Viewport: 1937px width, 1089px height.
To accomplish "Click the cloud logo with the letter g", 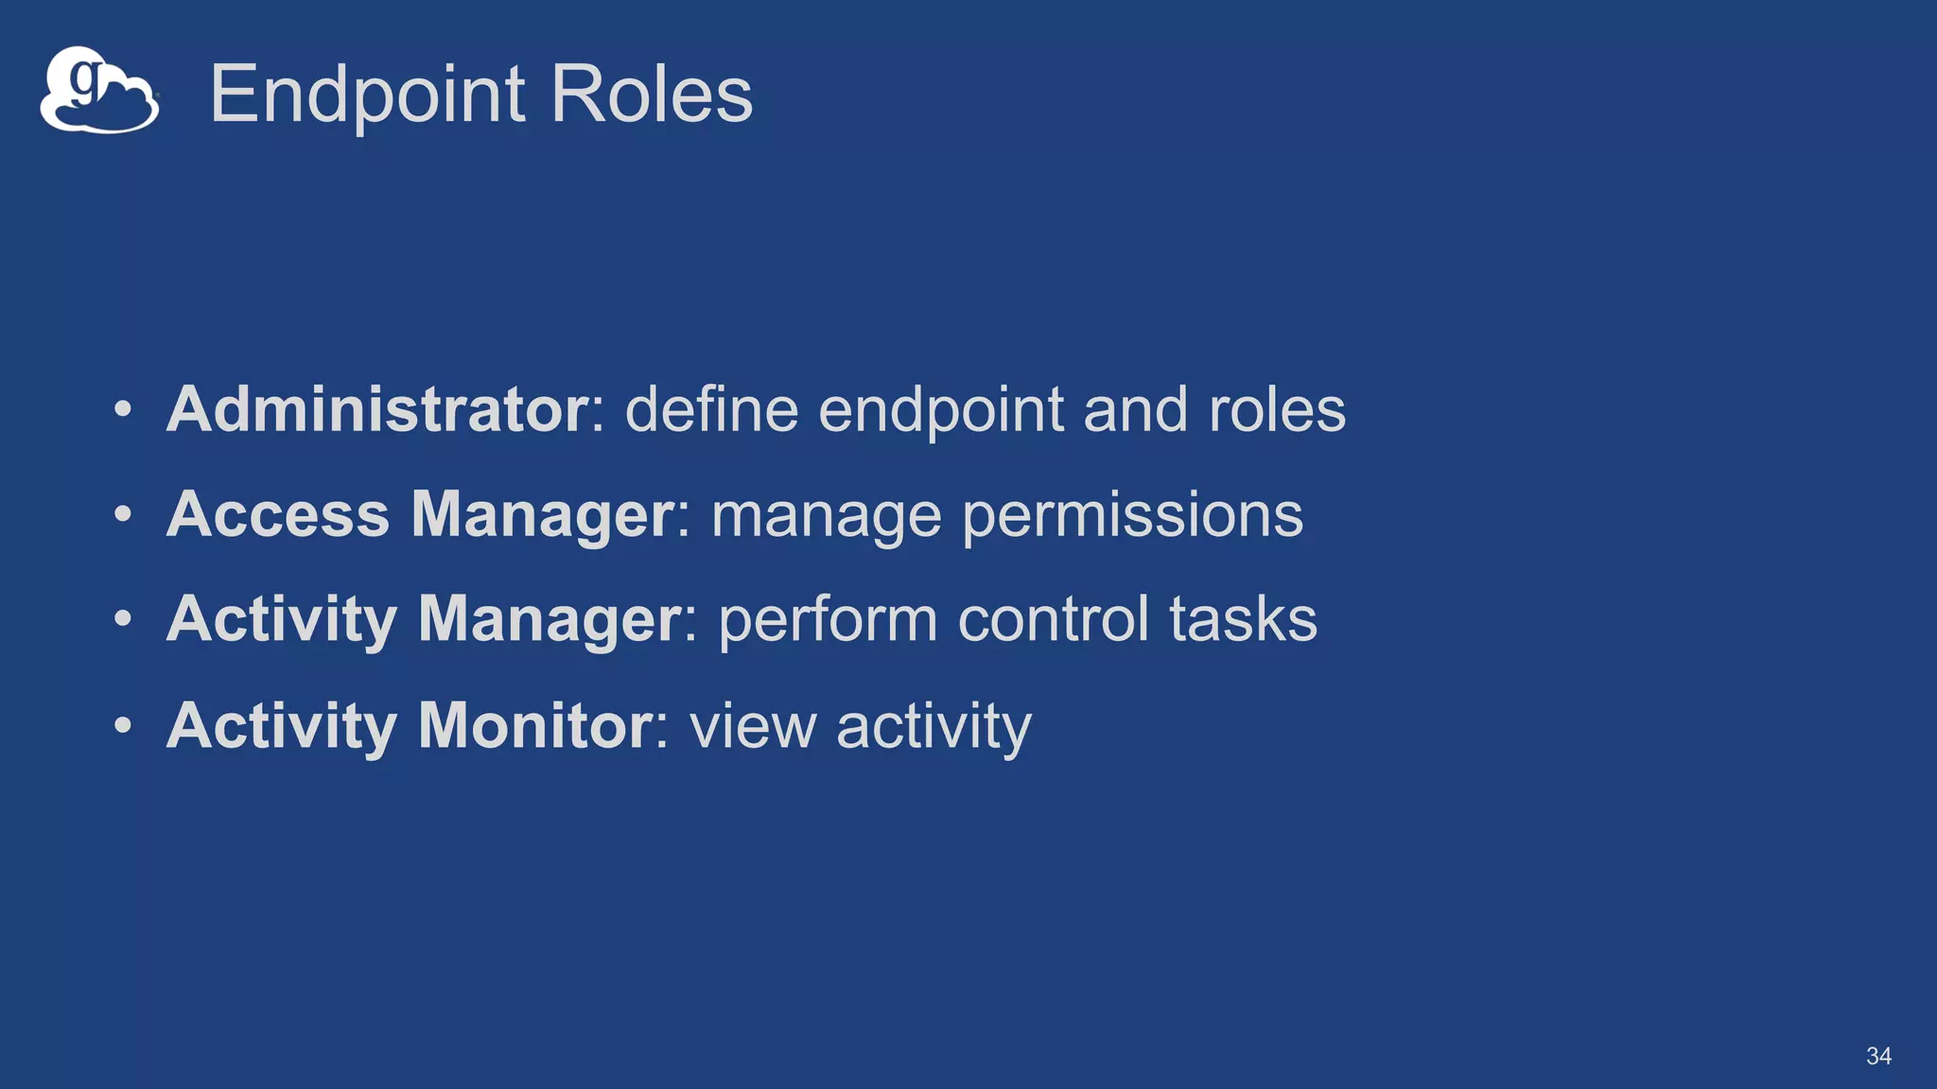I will coord(98,91).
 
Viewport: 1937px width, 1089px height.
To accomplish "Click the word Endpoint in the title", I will coord(367,95).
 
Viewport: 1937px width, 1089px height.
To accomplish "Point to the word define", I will coord(711,409).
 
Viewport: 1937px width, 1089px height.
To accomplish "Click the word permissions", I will coord(1132,516).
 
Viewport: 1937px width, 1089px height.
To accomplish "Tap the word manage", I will coord(826,516).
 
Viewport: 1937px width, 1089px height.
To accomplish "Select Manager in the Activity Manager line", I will coord(550,619).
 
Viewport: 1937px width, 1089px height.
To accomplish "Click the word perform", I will coord(829,621).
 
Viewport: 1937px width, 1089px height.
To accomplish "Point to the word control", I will coord(1054,619).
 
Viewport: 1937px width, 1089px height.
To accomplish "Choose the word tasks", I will coord(1243,619).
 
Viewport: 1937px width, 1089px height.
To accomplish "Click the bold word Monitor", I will coord(535,725).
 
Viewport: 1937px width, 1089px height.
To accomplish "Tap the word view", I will coord(753,726).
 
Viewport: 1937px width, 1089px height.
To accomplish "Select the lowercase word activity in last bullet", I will coord(934,726).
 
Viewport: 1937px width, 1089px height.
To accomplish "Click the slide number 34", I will coord(1878,1056).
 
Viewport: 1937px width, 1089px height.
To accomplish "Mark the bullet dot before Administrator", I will coord(123,410).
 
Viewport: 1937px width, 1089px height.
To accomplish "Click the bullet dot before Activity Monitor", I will coord(123,726).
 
